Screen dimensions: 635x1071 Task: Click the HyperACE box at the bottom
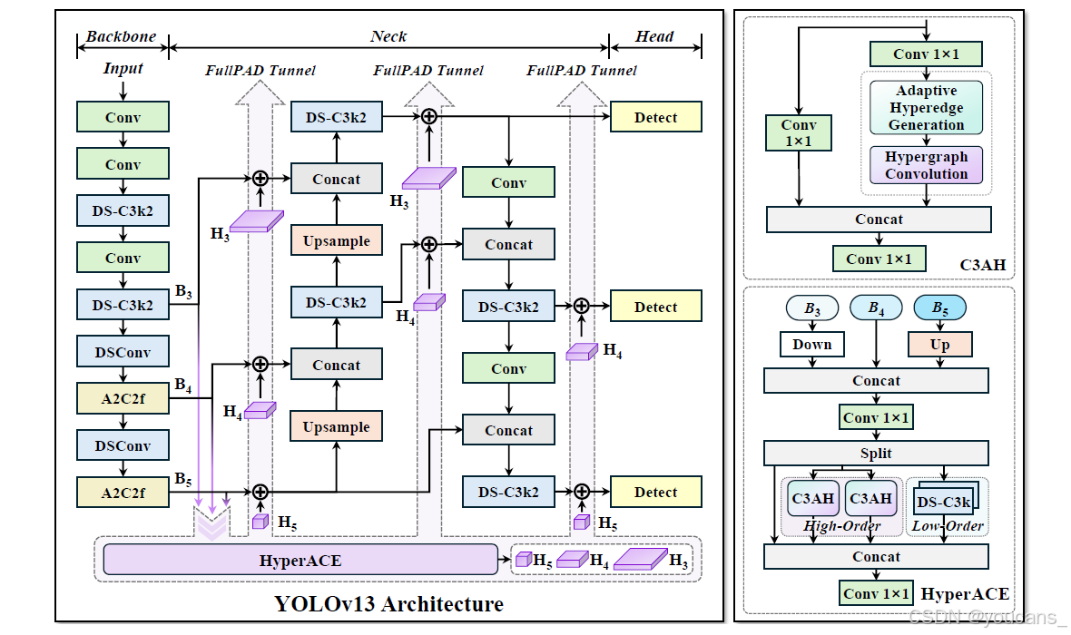[x=300, y=560]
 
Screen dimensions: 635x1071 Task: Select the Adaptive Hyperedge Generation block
[x=926, y=108]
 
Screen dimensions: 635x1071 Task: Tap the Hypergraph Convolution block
[x=926, y=165]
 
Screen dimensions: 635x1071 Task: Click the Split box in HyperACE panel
[x=876, y=453]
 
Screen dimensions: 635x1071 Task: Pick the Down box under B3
[x=811, y=344]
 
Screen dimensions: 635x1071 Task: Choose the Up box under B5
[x=939, y=344]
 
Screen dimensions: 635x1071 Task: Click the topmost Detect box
[x=655, y=117]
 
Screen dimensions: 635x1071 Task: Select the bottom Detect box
[x=655, y=492]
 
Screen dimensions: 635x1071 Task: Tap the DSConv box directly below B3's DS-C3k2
[x=123, y=351]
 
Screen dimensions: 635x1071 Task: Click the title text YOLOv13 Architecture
[x=388, y=603]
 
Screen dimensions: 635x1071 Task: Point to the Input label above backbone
[x=123, y=68]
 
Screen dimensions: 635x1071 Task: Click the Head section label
[x=654, y=36]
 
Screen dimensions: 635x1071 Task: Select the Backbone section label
[x=121, y=36]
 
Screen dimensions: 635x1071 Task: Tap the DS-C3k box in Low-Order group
[x=943, y=502]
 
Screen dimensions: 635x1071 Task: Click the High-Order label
[x=841, y=526]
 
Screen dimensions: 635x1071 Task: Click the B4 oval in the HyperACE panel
[x=875, y=308]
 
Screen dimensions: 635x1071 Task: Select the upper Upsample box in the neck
[x=336, y=240]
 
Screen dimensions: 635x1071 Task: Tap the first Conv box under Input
[x=123, y=117]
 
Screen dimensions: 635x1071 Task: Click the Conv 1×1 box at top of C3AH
[x=926, y=54]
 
